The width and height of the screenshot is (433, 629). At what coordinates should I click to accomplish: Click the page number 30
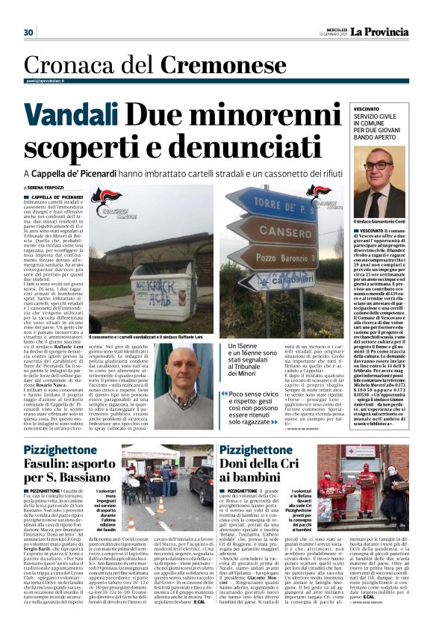coord(28,32)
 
